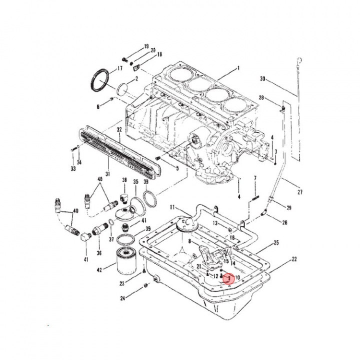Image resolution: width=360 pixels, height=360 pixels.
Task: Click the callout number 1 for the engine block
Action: [x=238, y=68]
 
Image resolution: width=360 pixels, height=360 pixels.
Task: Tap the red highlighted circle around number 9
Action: [x=229, y=277]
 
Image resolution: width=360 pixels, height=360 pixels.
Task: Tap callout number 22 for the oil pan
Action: [x=294, y=259]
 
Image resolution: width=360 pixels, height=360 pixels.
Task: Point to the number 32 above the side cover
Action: [x=119, y=130]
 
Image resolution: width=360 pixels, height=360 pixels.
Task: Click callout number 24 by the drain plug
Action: [x=123, y=299]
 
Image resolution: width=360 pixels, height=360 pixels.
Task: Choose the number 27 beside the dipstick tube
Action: [x=300, y=192]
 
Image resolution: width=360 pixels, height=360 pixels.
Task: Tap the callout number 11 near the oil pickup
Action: [x=171, y=207]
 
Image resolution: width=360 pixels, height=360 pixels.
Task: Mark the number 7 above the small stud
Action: [x=255, y=178]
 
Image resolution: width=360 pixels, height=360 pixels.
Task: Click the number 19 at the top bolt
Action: [x=146, y=46]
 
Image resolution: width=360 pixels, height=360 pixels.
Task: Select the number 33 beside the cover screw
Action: [x=73, y=169]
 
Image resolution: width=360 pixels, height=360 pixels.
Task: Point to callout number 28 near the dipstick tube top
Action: [x=261, y=97]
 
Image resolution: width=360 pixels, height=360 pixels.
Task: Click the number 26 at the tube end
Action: [x=285, y=222]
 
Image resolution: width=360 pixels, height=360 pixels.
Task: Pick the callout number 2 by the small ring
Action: [x=136, y=79]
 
